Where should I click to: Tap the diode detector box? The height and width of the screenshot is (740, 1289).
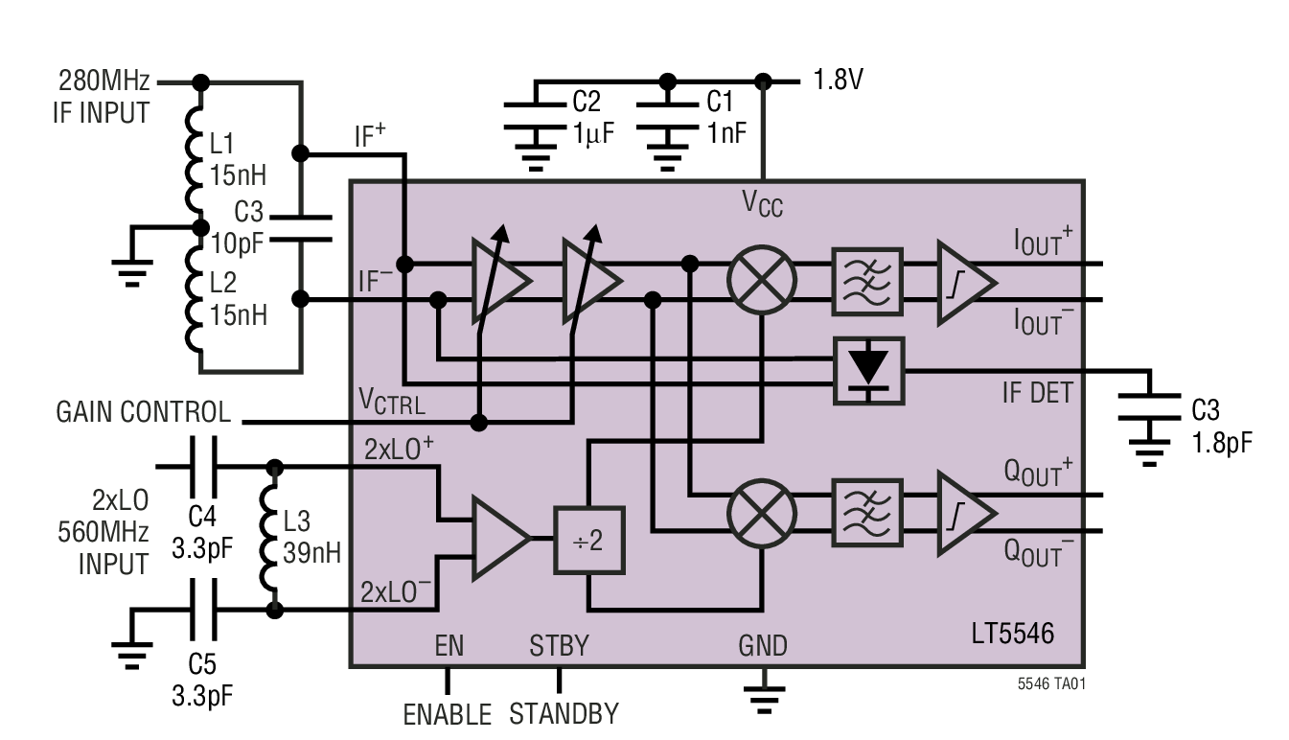868,369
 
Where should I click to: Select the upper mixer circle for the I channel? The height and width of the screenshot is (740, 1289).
762,281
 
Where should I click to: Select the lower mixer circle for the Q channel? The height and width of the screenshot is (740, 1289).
762,513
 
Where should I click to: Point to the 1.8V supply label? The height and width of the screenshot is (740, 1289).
838,80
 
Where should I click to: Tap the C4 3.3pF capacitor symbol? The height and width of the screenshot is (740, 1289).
201,467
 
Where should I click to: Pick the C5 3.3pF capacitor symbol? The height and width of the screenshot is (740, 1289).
201,610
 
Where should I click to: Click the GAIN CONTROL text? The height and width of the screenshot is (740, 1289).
143,412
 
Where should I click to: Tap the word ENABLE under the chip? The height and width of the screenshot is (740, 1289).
447,715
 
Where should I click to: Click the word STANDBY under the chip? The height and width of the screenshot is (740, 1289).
563,715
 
